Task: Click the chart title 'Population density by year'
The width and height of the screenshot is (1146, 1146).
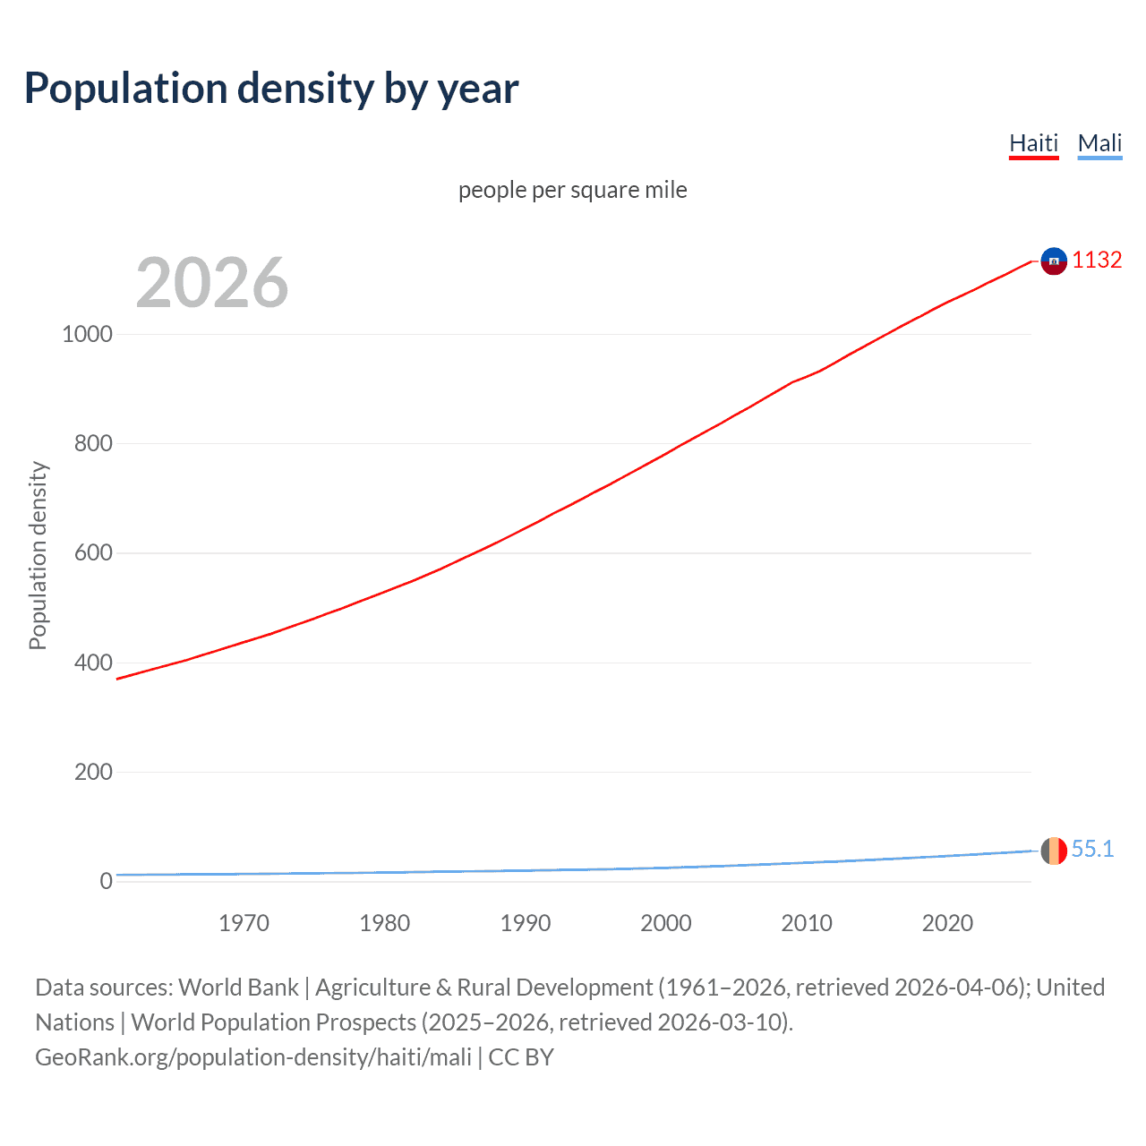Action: tap(271, 89)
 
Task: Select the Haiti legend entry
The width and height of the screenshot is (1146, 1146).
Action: tap(1033, 143)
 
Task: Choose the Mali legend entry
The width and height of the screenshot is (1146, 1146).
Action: tap(1099, 143)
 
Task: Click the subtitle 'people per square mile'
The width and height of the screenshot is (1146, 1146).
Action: tap(573, 190)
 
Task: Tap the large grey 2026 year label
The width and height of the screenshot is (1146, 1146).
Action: tap(212, 283)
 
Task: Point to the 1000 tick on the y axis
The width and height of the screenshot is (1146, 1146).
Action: tap(87, 334)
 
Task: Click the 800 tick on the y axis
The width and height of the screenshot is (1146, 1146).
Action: tap(93, 443)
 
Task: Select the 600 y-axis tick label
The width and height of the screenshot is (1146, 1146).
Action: tap(93, 553)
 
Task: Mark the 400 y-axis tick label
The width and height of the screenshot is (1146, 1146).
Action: tap(93, 663)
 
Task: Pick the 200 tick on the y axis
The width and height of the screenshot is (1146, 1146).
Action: tap(93, 772)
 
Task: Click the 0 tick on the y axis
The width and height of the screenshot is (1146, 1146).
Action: tap(107, 881)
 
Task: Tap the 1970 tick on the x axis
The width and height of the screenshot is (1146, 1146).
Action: tap(244, 923)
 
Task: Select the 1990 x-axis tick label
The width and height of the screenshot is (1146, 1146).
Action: tap(526, 923)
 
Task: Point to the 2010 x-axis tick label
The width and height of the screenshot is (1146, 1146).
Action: tap(807, 923)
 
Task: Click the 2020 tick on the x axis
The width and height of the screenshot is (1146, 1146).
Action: tap(947, 923)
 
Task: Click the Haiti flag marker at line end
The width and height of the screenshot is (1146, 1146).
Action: tap(1054, 261)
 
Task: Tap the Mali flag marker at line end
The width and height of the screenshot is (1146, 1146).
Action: tap(1054, 851)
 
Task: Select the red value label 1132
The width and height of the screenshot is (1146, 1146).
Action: tap(1097, 260)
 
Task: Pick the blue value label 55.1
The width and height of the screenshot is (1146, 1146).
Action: tap(1092, 849)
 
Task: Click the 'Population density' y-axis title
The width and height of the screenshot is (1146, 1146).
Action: tap(38, 555)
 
